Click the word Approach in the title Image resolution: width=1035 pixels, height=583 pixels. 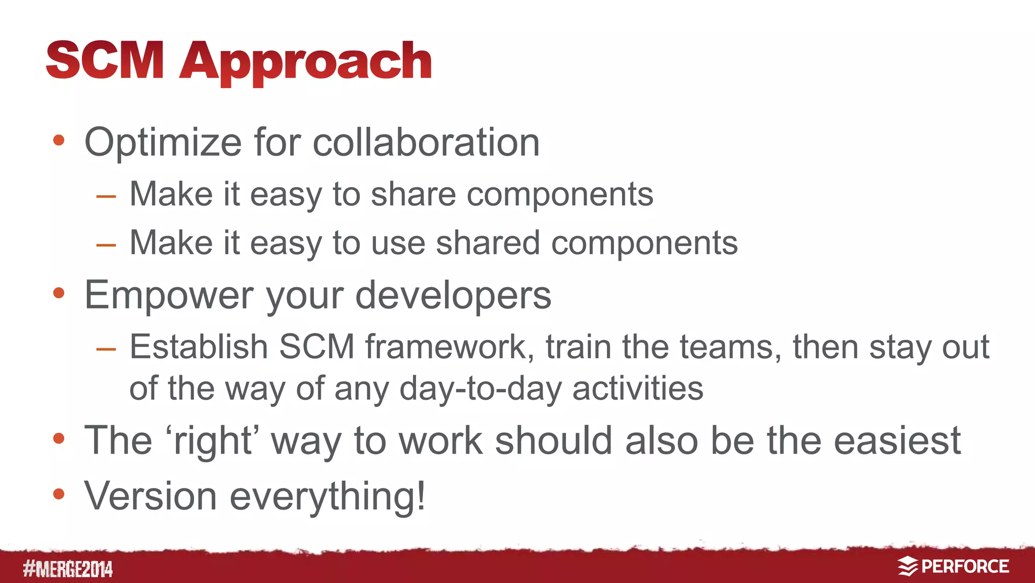(x=305, y=62)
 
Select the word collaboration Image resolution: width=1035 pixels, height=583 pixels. (x=426, y=143)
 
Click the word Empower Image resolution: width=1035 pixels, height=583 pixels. (x=169, y=296)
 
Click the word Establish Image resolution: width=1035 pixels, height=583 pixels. (x=198, y=347)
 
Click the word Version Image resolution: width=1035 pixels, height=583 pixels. (x=151, y=496)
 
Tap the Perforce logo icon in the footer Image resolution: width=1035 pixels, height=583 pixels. (x=907, y=566)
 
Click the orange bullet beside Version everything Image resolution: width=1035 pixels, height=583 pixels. (x=59, y=494)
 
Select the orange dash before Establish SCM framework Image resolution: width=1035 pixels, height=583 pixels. (x=106, y=349)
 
